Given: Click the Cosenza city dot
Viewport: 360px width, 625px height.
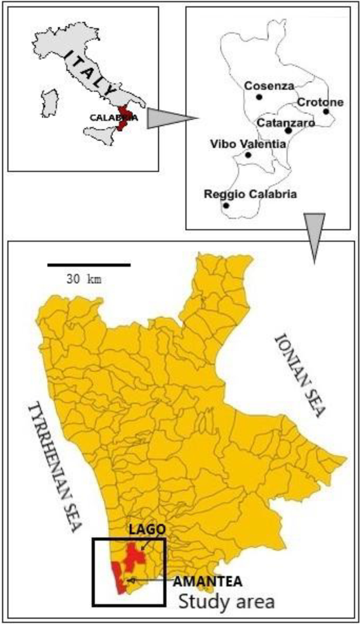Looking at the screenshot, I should tap(259, 97).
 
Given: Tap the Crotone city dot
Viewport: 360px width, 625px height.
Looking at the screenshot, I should tap(326, 111).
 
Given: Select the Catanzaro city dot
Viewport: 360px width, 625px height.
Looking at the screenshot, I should tap(288, 130).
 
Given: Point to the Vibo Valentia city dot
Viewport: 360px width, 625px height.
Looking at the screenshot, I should tap(248, 155).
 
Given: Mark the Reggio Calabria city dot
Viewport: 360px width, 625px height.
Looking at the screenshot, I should tap(226, 205).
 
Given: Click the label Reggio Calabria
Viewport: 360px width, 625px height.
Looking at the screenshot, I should tap(250, 194).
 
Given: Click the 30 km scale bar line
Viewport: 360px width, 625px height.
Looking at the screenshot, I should tap(88, 265).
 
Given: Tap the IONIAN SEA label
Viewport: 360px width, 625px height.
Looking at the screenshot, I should tap(297, 375).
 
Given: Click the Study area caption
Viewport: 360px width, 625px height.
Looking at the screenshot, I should tap(227, 600).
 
